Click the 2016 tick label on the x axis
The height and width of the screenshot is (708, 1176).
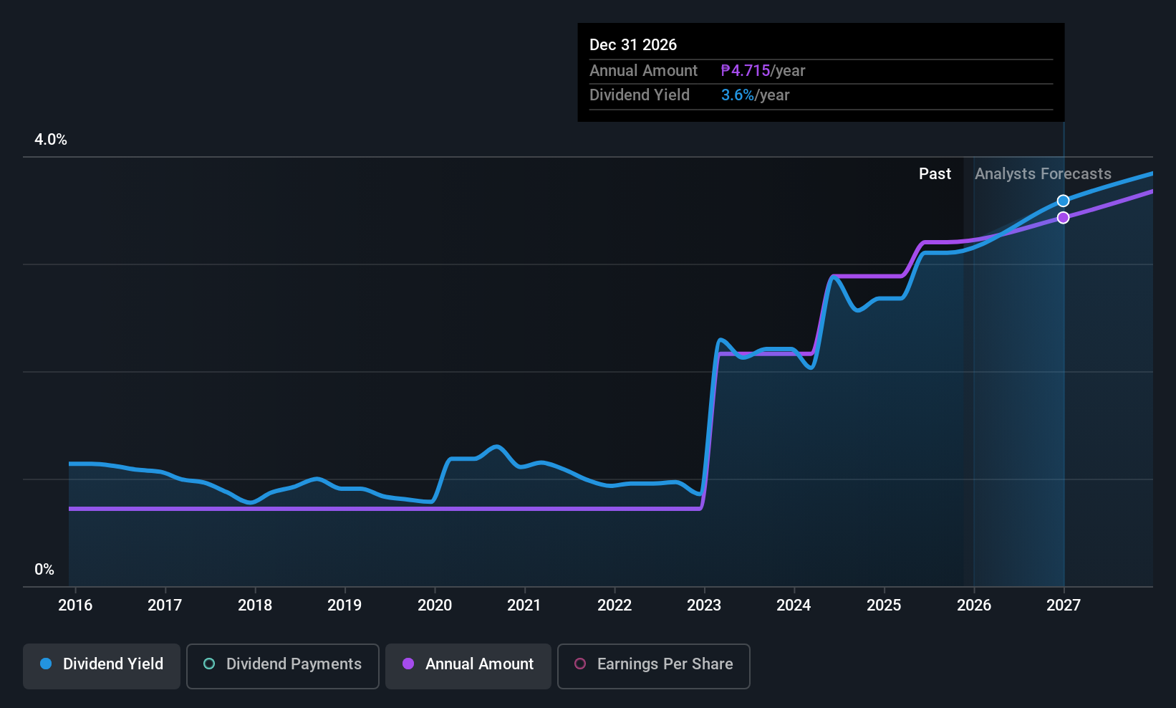[75, 605]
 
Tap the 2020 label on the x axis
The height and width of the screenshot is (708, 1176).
[435, 605]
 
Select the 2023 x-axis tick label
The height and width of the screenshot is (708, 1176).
[704, 605]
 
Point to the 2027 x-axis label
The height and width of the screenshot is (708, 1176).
[1064, 605]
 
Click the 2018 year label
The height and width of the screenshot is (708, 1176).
[255, 605]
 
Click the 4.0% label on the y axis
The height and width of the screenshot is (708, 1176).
[51, 140]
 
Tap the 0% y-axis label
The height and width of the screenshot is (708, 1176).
[44, 570]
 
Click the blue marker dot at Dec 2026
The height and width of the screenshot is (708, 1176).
[1064, 201]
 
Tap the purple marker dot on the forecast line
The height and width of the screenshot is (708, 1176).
[1064, 218]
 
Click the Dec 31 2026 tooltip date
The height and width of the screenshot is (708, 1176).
[633, 45]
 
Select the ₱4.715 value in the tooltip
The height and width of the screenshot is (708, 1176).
[746, 71]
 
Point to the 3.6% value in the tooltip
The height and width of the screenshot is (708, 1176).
[738, 95]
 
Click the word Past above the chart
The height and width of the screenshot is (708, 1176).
[935, 174]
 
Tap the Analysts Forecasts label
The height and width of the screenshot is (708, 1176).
[1043, 174]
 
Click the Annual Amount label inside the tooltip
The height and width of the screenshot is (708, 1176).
[643, 71]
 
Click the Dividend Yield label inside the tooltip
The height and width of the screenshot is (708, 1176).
[640, 95]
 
